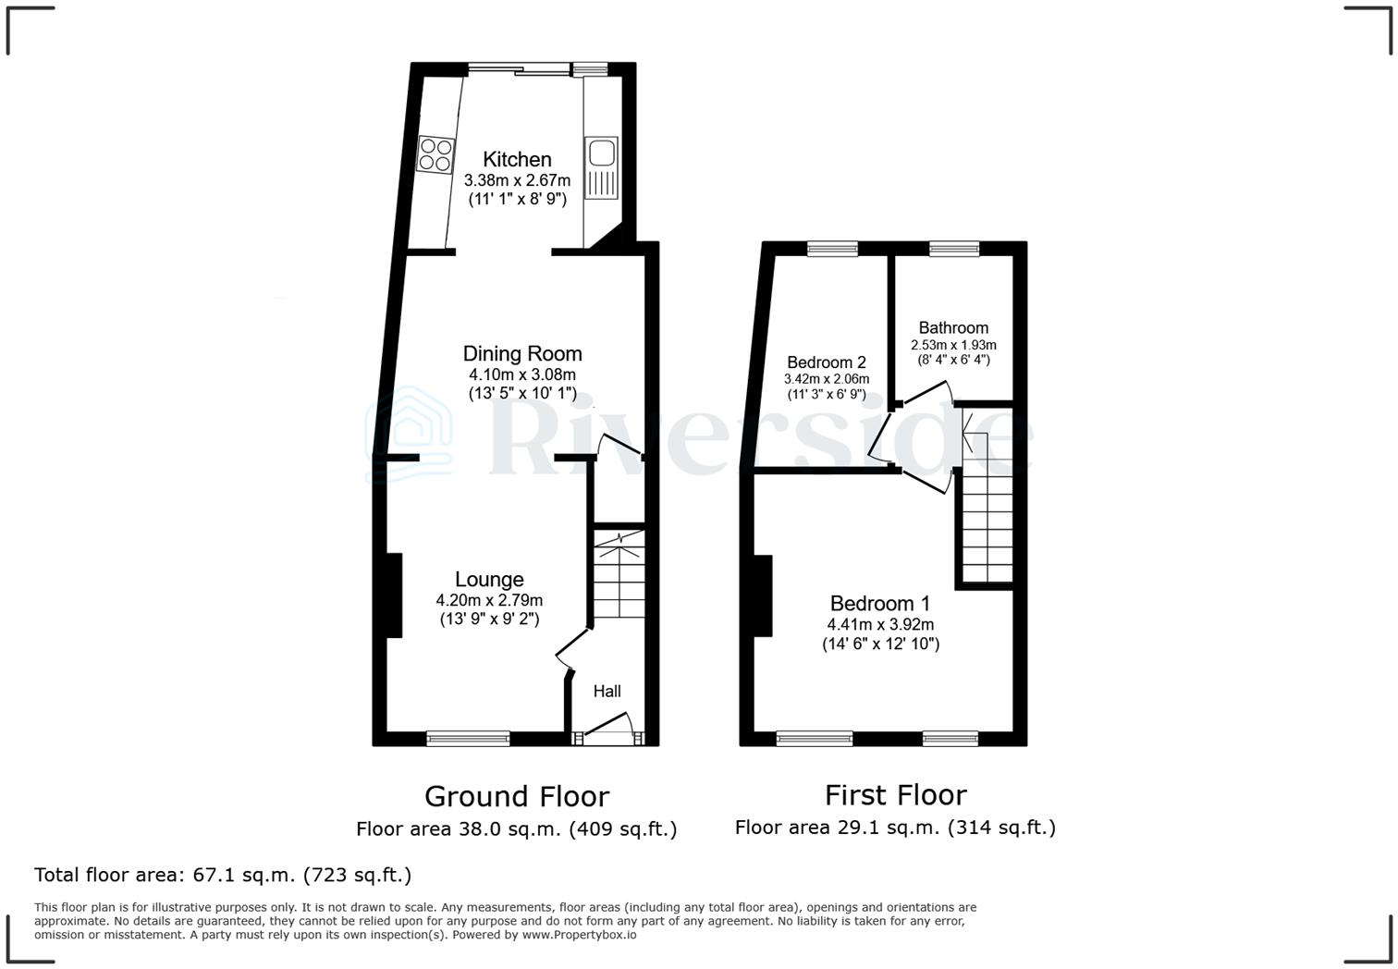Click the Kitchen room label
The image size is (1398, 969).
point(517,159)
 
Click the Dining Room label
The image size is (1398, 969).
point(522,353)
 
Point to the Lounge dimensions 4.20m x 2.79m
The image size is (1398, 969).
point(489,600)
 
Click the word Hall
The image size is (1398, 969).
point(607,692)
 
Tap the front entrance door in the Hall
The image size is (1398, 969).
point(607,736)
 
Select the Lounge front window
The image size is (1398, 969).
point(468,738)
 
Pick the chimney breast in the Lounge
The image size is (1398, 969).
point(394,595)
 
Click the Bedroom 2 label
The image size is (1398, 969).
point(827,362)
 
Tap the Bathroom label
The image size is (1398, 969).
point(953,328)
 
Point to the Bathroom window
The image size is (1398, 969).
point(954,247)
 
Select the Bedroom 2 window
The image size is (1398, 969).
point(832,247)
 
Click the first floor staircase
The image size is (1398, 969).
point(987,522)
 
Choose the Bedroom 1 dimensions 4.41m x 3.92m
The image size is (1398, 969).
point(880,624)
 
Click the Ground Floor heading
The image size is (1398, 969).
point(517,796)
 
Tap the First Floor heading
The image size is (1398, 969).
point(895,795)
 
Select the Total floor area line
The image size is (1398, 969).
point(223,875)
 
